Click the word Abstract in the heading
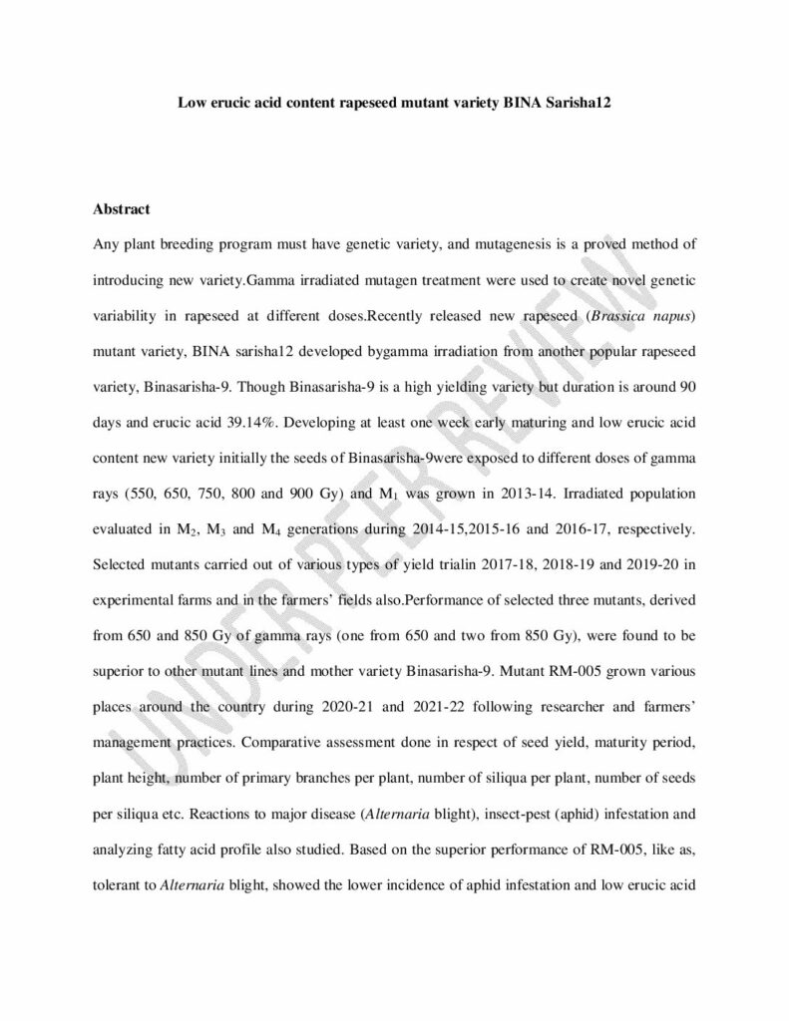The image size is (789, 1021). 121,209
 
